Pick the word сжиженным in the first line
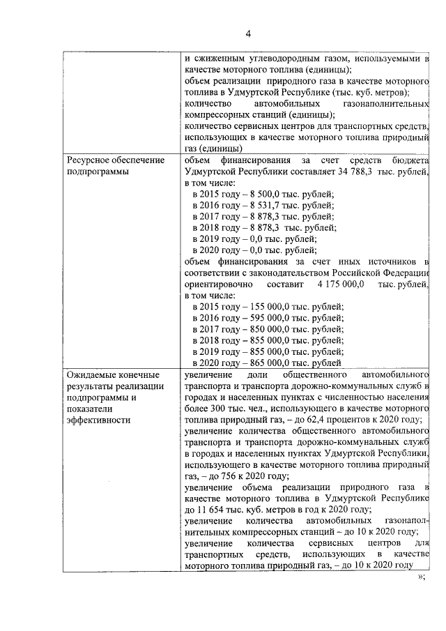[223, 59]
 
